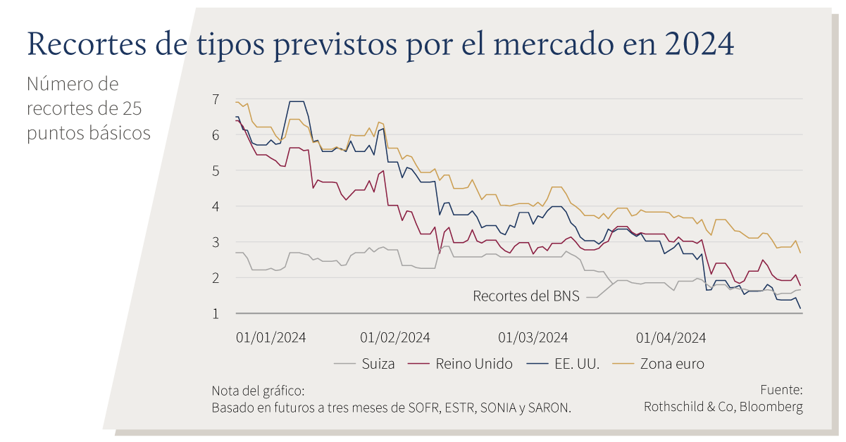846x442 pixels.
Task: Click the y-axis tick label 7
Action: coord(216,100)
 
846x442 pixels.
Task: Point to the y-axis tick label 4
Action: coord(216,207)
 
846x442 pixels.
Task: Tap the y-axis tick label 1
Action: coord(216,314)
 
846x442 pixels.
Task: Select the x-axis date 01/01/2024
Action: coord(270,337)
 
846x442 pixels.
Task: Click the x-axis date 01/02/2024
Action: coord(395,337)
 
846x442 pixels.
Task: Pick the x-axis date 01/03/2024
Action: coord(533,337)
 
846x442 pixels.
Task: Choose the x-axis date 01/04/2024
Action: coord(671,337)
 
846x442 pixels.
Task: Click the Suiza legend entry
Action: coord(364,364)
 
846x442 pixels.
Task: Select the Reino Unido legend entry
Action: coord(461,364)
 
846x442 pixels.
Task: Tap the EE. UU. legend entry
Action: coord(563,364)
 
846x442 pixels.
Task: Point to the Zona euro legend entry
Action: coord(659,364)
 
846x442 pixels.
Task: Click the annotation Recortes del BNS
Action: coord(526,296)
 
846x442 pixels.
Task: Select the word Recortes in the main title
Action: coord(87,44)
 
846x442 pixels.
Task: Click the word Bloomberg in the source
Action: coord(771,407)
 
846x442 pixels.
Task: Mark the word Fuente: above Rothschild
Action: coord(781,390)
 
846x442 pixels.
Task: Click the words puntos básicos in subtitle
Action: coord(89,134)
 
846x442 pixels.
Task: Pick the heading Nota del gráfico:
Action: coord(258,391)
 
